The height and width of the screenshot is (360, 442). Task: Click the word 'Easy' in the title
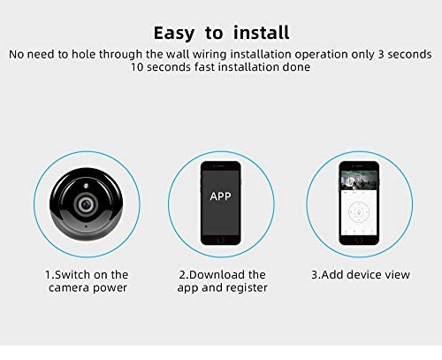click(x=175, y=34)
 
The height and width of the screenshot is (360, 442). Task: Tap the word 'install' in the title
click(x=260, y=34)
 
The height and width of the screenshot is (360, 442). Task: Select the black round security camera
click(x=87, y=203)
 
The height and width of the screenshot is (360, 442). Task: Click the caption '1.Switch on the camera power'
click(x=87, y=281)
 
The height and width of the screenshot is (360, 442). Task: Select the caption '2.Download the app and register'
click(x=223, y=281)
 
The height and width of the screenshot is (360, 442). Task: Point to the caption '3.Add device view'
click(x=360, y=275)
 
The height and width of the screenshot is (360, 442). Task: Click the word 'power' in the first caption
click(x=110, y=288)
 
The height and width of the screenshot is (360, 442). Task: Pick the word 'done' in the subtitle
click(x=295, y=68)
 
